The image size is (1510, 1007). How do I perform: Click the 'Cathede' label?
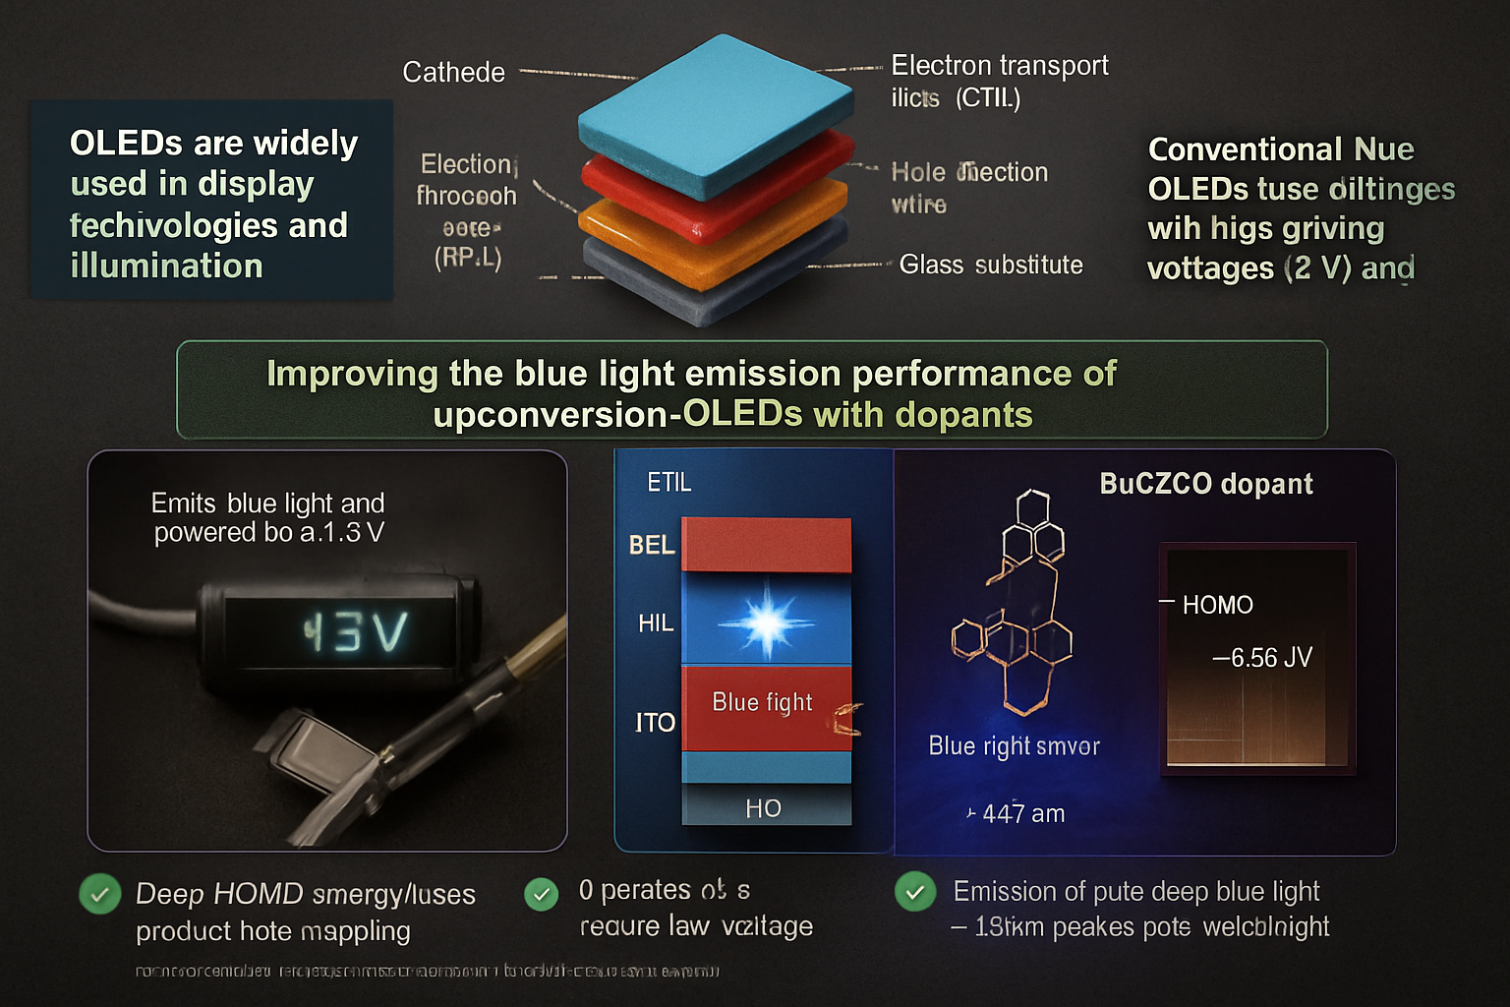click(x=453, y=73)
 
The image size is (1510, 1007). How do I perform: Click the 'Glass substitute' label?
click(x=990, y=265)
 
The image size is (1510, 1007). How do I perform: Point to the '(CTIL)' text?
click(x=988, y=98)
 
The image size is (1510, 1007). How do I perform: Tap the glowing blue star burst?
click(x=766, y=622)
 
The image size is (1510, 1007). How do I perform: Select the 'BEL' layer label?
click(x=652, y=545)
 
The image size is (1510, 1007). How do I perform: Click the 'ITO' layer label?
click(x=655, y=723)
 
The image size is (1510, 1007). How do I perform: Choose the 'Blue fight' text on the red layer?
click(x=762, y=702)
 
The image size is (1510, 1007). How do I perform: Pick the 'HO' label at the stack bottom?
click(x=763, y=808)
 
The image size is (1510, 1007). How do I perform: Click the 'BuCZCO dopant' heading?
click(x=1206, y=484)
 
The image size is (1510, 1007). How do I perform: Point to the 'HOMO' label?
click(x=1217, y=605)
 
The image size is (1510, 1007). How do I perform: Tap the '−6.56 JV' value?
click(x=1262, y=658)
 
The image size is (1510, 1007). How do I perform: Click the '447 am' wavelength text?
click(x=1022, y=814)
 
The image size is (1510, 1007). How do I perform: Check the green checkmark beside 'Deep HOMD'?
click(x=99, y=895)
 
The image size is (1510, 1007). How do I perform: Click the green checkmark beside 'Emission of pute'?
click(x=915, y=892)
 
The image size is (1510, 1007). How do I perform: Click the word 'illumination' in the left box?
click(x=166, y=267)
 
